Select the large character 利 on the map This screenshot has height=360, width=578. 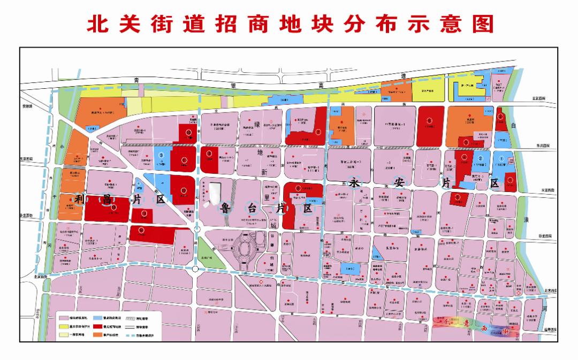[x=81, y=201]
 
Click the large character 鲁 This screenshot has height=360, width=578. [x=225, y=208]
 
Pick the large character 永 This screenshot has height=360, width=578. [x=353, y=182]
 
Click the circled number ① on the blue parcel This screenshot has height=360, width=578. [x=501, y=158]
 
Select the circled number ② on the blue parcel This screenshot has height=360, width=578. [x=480, y=158]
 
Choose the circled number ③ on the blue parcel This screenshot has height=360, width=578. [x=161, y=156]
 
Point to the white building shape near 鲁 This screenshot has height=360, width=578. [x=216, y=192]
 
